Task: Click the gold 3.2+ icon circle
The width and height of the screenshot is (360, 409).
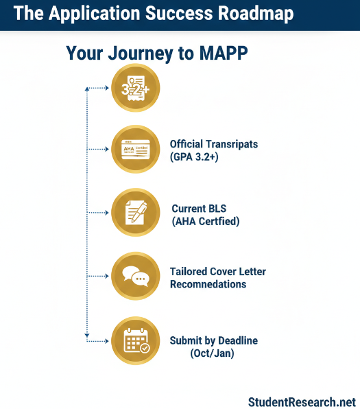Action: [135, 88]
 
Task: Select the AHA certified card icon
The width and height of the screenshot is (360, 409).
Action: [135, 149]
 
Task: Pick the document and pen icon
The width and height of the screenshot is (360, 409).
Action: [135, 213]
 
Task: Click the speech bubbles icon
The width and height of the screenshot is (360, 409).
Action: [135, 277]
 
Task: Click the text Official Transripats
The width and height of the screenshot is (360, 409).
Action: [219, 144]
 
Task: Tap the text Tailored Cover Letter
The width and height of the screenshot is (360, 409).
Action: [217, 272]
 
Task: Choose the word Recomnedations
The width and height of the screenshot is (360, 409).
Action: [208, 284]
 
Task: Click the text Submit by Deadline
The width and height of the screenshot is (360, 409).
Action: [213, 340]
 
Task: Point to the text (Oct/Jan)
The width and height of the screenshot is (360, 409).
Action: [211, 353]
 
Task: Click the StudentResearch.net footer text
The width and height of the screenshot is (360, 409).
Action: [302, 401]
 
